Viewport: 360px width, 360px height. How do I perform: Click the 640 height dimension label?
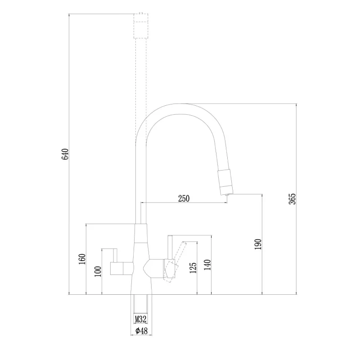coord(65,154)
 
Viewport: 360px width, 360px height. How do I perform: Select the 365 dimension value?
coord(292,199)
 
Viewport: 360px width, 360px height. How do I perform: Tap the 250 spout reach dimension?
coord(184,198)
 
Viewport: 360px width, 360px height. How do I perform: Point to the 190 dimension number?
coord(258,244)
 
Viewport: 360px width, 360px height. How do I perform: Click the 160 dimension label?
coord(82,259)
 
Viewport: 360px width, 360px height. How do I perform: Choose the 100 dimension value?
coord(98,272)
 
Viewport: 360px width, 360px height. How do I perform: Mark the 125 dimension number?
coord(193,268)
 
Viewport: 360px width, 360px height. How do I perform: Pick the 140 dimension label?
coord(207,265)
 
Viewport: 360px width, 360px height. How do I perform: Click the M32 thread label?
coord(140,319)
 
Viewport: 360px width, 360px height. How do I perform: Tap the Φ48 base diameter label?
coord(141,331)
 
